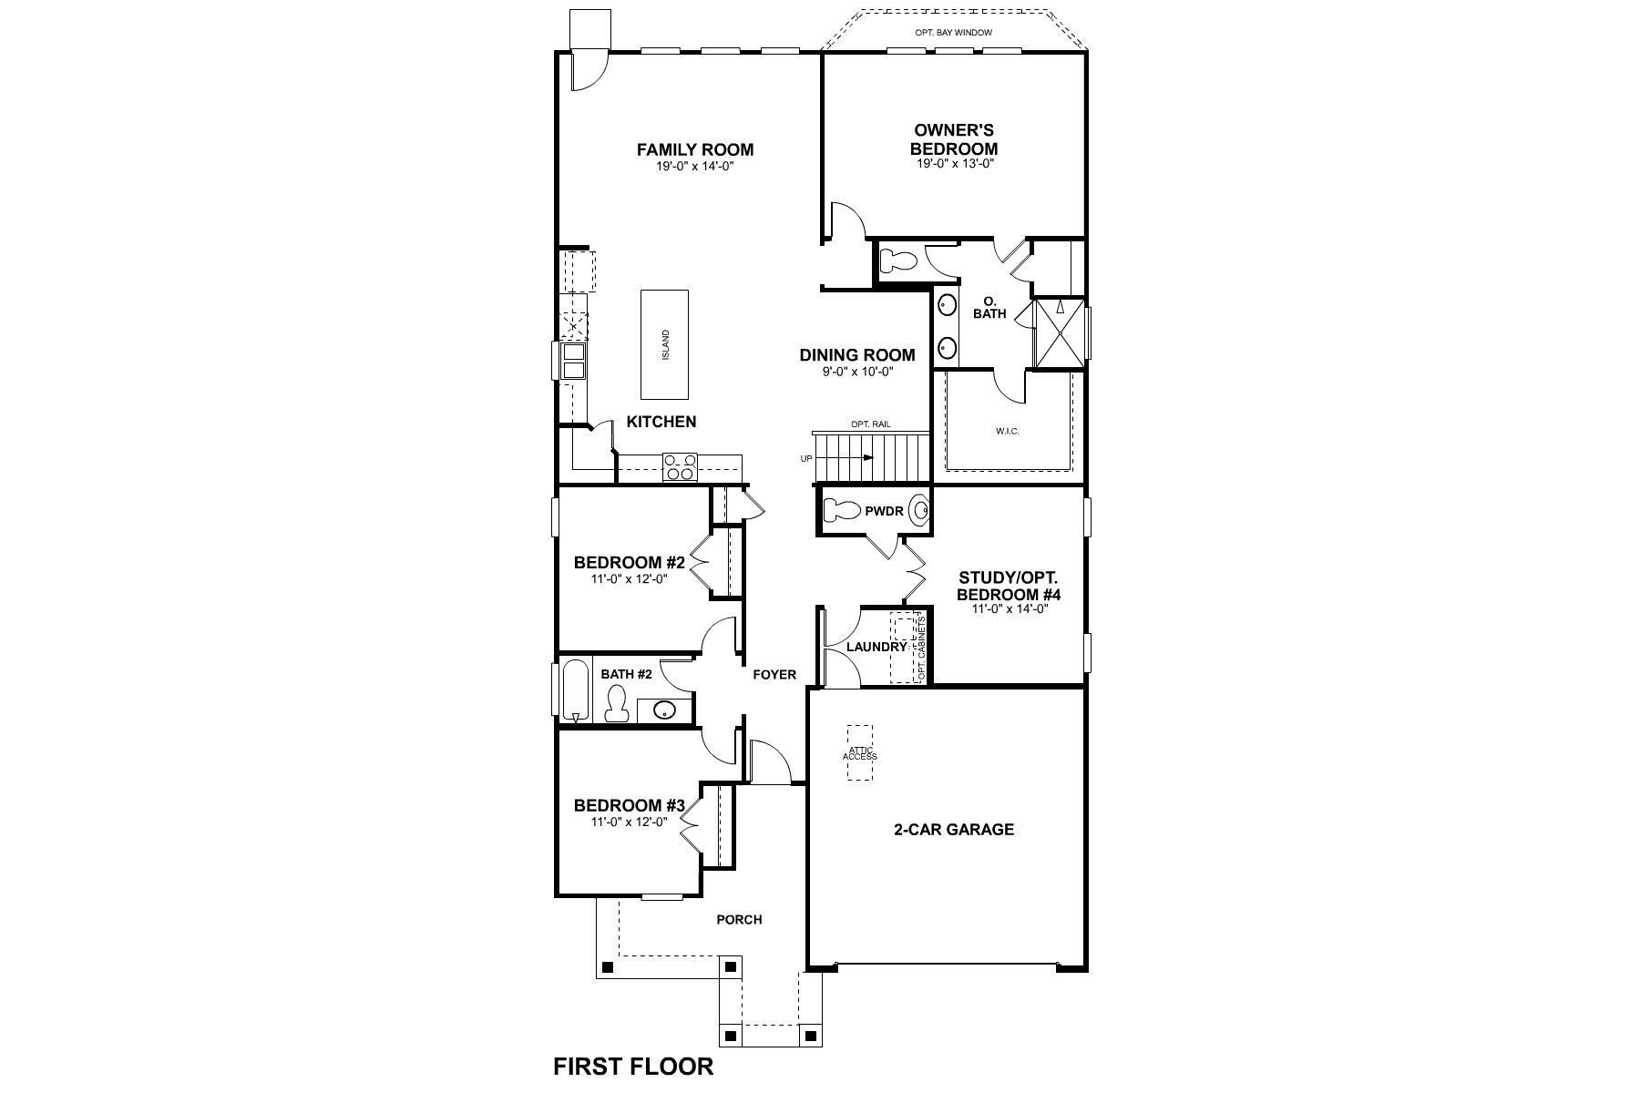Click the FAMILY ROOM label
coord(694,149)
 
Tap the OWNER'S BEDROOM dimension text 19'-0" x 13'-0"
coord(954,164)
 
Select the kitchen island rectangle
coord(664,344)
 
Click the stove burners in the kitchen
coord(679,466)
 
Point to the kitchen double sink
coord(573,361)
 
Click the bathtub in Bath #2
coord(574,690)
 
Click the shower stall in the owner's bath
coord(1060,332)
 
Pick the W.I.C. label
coord(1007,431)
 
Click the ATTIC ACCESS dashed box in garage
coord(859,752)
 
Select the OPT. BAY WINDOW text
coord(953,33)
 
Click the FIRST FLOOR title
coord(633,1066)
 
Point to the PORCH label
coord(738,919)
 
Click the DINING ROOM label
coord(856,355)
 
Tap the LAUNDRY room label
coord(876,647)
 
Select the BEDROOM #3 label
coord(629,805)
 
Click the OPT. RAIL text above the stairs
coord(870,424)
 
